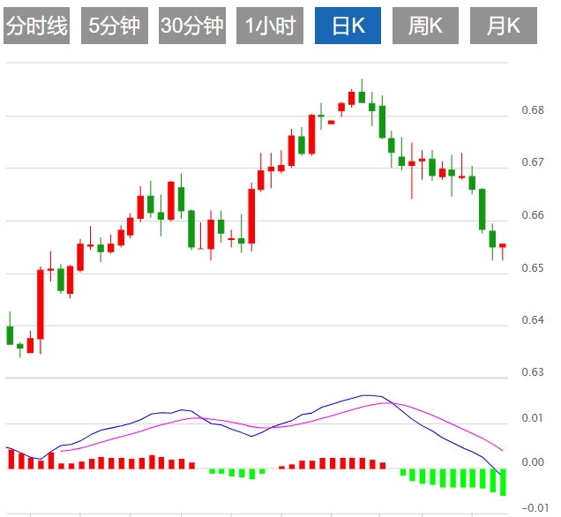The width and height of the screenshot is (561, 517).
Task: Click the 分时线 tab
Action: point(36,26)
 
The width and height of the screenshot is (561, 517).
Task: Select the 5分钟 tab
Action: point(114,26)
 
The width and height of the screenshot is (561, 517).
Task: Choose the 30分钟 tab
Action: point(191,26)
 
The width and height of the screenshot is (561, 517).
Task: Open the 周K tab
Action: point(425,26)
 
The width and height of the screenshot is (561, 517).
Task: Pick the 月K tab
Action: point(503,26)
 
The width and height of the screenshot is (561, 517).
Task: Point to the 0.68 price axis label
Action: point(532,111)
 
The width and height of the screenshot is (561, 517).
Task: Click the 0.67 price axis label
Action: point(532,163)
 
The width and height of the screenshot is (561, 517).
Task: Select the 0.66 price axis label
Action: point(532,215)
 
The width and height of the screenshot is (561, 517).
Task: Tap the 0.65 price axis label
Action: point(532,268)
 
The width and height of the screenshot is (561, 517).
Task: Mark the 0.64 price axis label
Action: point(532,320)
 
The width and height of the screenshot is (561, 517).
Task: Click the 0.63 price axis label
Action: point(532,372)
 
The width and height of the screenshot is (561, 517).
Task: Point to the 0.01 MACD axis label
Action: point(532,417)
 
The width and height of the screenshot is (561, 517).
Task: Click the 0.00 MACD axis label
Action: point(532,462)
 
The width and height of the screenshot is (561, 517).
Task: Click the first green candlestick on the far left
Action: point(10,334)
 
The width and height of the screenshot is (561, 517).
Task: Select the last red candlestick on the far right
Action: point(503,245)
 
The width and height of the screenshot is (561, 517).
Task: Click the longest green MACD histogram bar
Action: point(503,483)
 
